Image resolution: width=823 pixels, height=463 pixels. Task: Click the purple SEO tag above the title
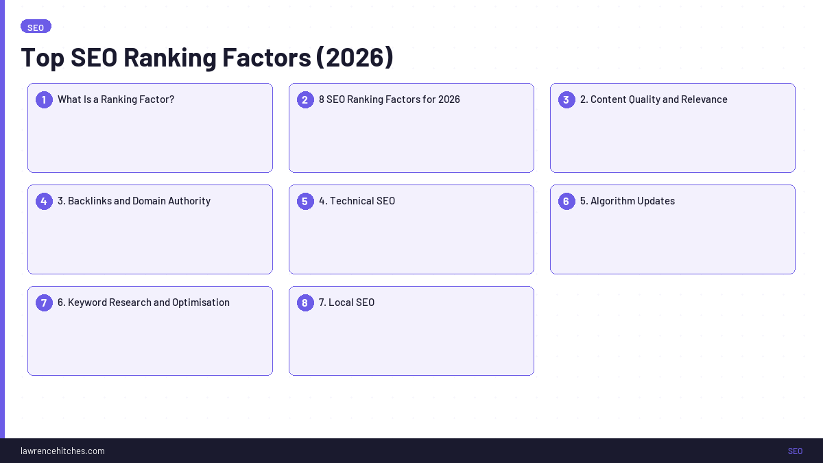pos(36,27)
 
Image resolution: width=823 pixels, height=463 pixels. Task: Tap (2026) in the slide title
pos(355,58)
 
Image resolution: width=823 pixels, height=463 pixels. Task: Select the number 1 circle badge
pos(44,100)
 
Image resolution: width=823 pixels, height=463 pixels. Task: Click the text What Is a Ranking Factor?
pos(116,99)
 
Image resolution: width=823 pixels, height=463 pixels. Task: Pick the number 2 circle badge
pos(305,100)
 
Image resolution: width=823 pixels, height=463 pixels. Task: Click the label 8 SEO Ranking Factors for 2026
pos(389,99)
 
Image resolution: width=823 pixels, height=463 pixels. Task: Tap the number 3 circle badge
pos(566,100)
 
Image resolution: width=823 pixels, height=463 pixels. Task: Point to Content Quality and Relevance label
pos(654,99)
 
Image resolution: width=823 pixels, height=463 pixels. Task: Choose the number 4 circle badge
pos(44,202)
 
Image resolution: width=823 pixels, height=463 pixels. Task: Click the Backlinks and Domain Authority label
pos(134,201)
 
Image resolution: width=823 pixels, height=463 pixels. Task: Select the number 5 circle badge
pos(305,202)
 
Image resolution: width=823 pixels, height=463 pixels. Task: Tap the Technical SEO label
pos(357,201)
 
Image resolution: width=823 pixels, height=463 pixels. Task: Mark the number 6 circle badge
pos(566,202)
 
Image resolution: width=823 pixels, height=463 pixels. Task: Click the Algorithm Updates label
pos(628,201)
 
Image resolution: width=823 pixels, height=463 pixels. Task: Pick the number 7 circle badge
pos(44,303)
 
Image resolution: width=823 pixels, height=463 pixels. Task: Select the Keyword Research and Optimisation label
pos(143,302)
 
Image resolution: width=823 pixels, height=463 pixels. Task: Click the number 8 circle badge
pos(305,303)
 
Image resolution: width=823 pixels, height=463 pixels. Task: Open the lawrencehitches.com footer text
pos(62,451)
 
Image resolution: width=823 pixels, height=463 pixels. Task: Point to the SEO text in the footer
pos(795,451)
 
